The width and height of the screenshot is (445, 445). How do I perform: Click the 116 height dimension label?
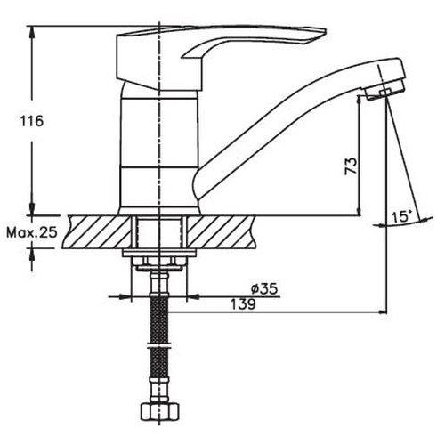[x=32, y=121]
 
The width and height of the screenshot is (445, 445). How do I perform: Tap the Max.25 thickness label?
[x=32, y=232]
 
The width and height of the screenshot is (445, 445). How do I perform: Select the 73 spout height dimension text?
[x=351, y=166]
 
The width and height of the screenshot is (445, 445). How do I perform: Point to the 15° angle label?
[x=401, y=216]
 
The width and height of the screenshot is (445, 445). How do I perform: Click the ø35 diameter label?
[x=264, y=288]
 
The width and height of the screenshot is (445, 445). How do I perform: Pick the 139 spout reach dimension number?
[x=243, y=304]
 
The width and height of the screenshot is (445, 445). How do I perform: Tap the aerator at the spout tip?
[x=384, y=91]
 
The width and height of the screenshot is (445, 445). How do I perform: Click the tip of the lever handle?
[x=326, y=31]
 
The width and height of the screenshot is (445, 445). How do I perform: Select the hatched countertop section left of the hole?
[x=98, y=231]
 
